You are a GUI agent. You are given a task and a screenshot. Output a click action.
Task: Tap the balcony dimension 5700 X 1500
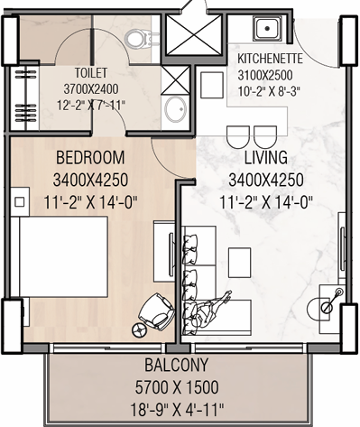180,386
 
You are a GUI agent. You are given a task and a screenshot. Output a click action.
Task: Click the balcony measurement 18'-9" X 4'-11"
180,406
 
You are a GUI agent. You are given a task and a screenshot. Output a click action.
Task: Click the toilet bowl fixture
137,37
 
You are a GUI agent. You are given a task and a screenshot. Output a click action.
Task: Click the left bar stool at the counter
236,136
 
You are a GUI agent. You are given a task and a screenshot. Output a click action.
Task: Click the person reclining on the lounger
217,311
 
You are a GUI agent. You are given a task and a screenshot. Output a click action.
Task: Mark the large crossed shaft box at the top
191,32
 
